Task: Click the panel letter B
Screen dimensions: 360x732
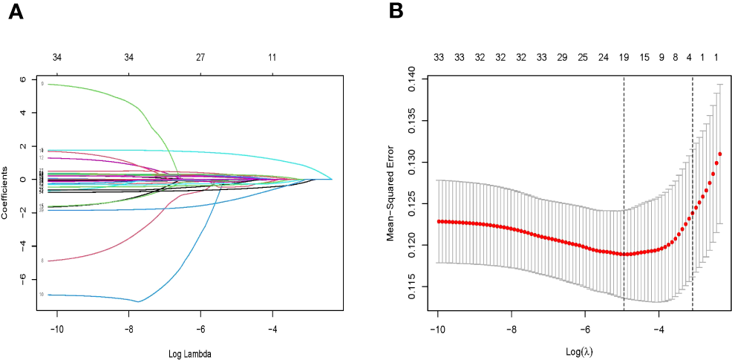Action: pyautogui.click(x=396, y=12)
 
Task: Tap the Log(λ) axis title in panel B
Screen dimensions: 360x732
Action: pyautogui.click(x=578, y=350)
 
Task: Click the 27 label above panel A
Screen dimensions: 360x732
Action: pyautogui.click(x=200, y=57)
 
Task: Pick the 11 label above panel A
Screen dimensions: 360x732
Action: pyautogui.click(x=272, y=57)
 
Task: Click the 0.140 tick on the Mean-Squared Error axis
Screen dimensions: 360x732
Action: pyautogui.click(x=416, y=79)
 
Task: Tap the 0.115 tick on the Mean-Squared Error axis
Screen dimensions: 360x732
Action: pyautogui.click(x=416, y=287)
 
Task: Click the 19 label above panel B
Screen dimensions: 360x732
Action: pyautogui.click(x=624, y=57)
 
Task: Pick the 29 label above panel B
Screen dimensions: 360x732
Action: pyautogui.click(x=562, y=57)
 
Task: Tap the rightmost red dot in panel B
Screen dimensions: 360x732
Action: pyautogui.click(x=719, y=154)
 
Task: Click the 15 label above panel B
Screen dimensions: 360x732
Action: pyautogui.click(x=644, y=57)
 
